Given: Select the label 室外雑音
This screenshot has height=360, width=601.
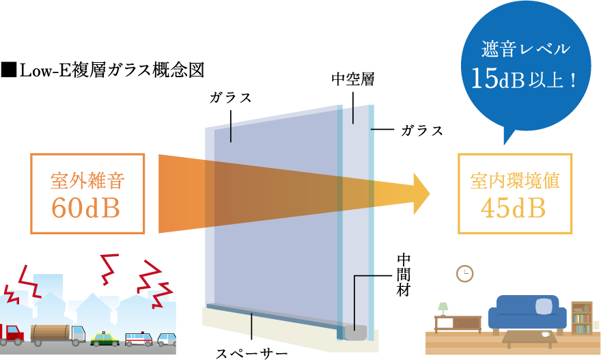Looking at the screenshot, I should coord(87,180).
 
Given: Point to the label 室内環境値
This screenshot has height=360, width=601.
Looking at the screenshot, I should coord(515,180).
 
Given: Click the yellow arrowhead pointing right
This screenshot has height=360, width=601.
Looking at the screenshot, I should coord(419,193).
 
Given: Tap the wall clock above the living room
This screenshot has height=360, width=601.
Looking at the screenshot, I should coord(464,274).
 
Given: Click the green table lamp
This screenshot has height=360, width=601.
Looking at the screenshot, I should coord(443,308).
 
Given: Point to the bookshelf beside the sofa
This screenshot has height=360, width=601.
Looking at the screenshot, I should coord(581,317).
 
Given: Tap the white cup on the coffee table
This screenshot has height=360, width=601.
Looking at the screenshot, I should coord(545,334).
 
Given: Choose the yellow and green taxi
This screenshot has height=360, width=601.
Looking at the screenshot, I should coord(104,338).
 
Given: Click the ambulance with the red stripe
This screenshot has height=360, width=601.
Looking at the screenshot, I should coord(139,339).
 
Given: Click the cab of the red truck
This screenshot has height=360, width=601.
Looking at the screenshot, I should coord(12,333).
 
